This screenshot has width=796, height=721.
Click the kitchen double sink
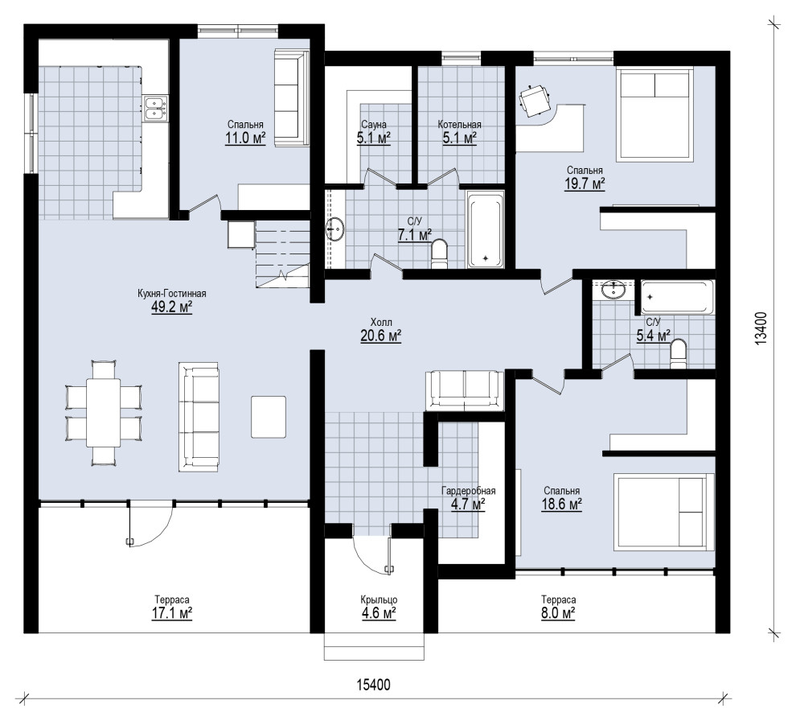(x=155, y=108)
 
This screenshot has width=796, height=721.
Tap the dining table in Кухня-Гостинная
(x=104, y=412)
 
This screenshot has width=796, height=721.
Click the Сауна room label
(x=374, y=125)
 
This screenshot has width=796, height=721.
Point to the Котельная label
(x=459, y=125)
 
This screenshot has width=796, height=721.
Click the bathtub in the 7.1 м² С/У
(x=486, y=229)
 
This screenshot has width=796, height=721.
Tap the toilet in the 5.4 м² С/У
(x=678, y=354)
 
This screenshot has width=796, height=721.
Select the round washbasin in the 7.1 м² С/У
(x=335, y=229)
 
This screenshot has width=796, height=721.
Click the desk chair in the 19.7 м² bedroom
(x=534, y=100)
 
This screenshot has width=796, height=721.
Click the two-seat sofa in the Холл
(x=465, y=389)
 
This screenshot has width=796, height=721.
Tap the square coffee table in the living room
(x=268, y=417)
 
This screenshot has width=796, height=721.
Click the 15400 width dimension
(x=374, y=685)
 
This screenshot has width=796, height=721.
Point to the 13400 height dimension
(x=761, y=329)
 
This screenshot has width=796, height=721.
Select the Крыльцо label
(x=379, y=600)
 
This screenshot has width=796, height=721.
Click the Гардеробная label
(x=468, y=491)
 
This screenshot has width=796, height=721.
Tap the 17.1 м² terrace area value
(x=172, y=613)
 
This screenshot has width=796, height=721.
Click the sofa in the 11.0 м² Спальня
(x=292, y=98)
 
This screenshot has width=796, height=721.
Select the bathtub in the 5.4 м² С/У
(x=677, y=297)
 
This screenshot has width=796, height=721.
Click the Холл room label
(x=381, y=322)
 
